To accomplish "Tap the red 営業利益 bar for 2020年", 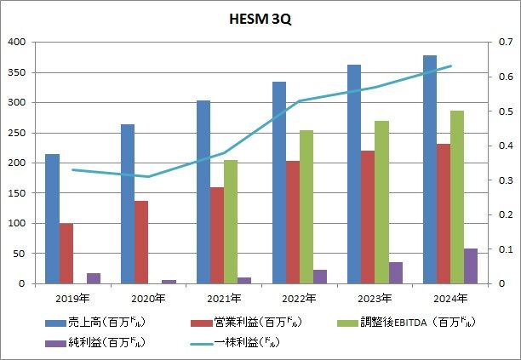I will pos(141,242).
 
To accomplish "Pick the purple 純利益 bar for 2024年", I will pos(471,266).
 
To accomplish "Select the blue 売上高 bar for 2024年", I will pos(430,169).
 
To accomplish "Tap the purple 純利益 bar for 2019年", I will pos(94,278).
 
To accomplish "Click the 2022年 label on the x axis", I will pos(299,299).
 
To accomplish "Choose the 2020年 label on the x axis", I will pos(147,299).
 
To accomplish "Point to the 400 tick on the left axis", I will pos(16,42).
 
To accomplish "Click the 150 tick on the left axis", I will pos(16,193).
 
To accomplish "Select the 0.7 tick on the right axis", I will pos(504,42).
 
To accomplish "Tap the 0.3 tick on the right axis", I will pos(504,180).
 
